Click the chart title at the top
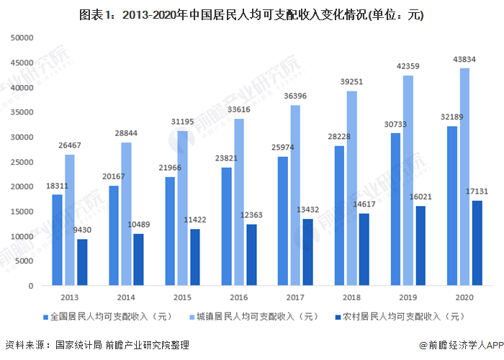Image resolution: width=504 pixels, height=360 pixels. tap(252, 14)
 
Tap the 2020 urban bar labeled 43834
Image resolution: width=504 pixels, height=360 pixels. tap(465, 176)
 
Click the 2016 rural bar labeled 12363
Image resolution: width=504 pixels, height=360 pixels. tap(251, 255)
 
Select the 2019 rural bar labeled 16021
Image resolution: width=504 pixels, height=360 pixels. tap(420, 246)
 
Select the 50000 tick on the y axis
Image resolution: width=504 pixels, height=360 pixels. tap(22, 37)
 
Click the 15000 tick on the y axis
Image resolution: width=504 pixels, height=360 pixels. tap(22, 211)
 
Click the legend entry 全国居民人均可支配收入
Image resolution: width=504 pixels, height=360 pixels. tap(104, 316)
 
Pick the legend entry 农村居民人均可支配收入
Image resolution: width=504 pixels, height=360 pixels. tap(400, 316)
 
